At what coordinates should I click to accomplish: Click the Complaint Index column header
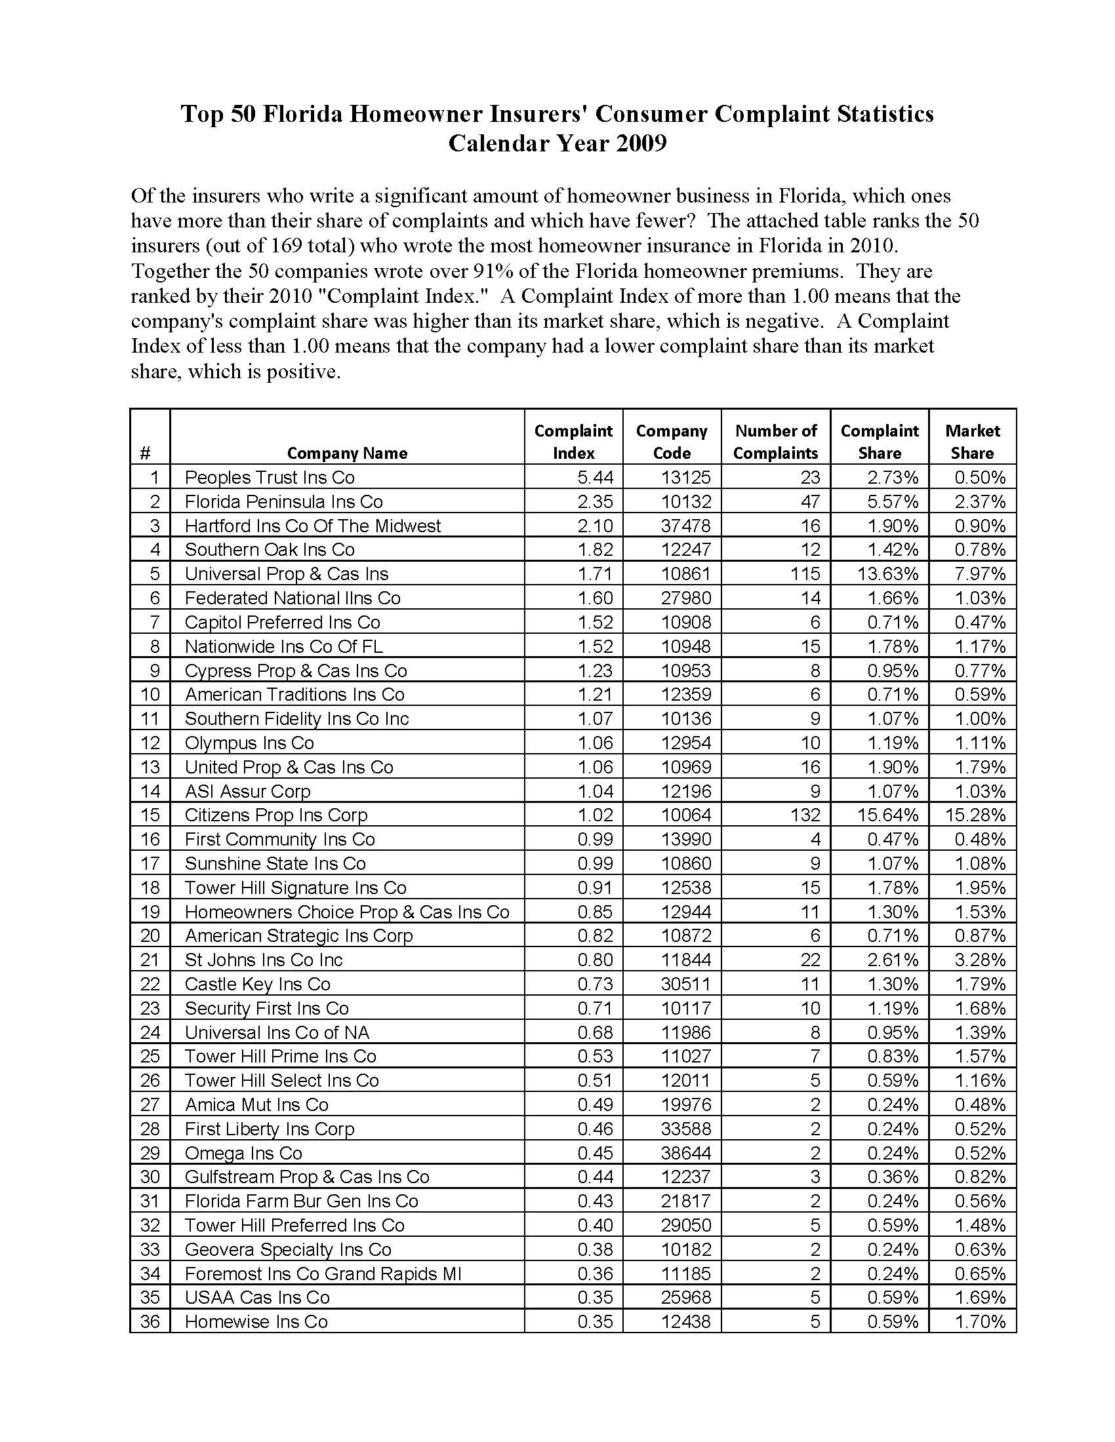pyautogui.click(x=573, y=441)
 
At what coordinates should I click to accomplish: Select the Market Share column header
pyautogui.click(x=971, y=441)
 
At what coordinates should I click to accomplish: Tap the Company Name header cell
pyautogui.click(x=347, y=452)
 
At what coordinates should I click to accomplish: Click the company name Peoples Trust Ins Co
pyautogui.click(x=270, y=477)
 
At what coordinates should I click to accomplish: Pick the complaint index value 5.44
pyautogui.click(x=595, y=477)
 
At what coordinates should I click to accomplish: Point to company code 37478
pyautogui.click(x=686, y=525)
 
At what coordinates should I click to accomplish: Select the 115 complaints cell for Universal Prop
pyautogui.click(x=805, y=573)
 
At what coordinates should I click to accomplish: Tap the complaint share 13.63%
pyautogui.click(x=888, y=573)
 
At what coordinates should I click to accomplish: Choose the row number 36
pyautogui.click(x=150, y=1321)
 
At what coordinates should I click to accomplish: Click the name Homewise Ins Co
pyautogui.click(x=256, y=1321)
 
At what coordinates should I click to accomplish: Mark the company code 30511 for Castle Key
pyautogui.click(x=686, y=983)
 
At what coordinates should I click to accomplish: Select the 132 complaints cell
pyautogui.click(x=805, y=814)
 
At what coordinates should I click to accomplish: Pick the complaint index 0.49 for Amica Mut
pyautogui.click(x=595, y=1104)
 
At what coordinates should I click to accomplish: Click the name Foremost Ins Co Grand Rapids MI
pyautogui.click(x=323, y=1273)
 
